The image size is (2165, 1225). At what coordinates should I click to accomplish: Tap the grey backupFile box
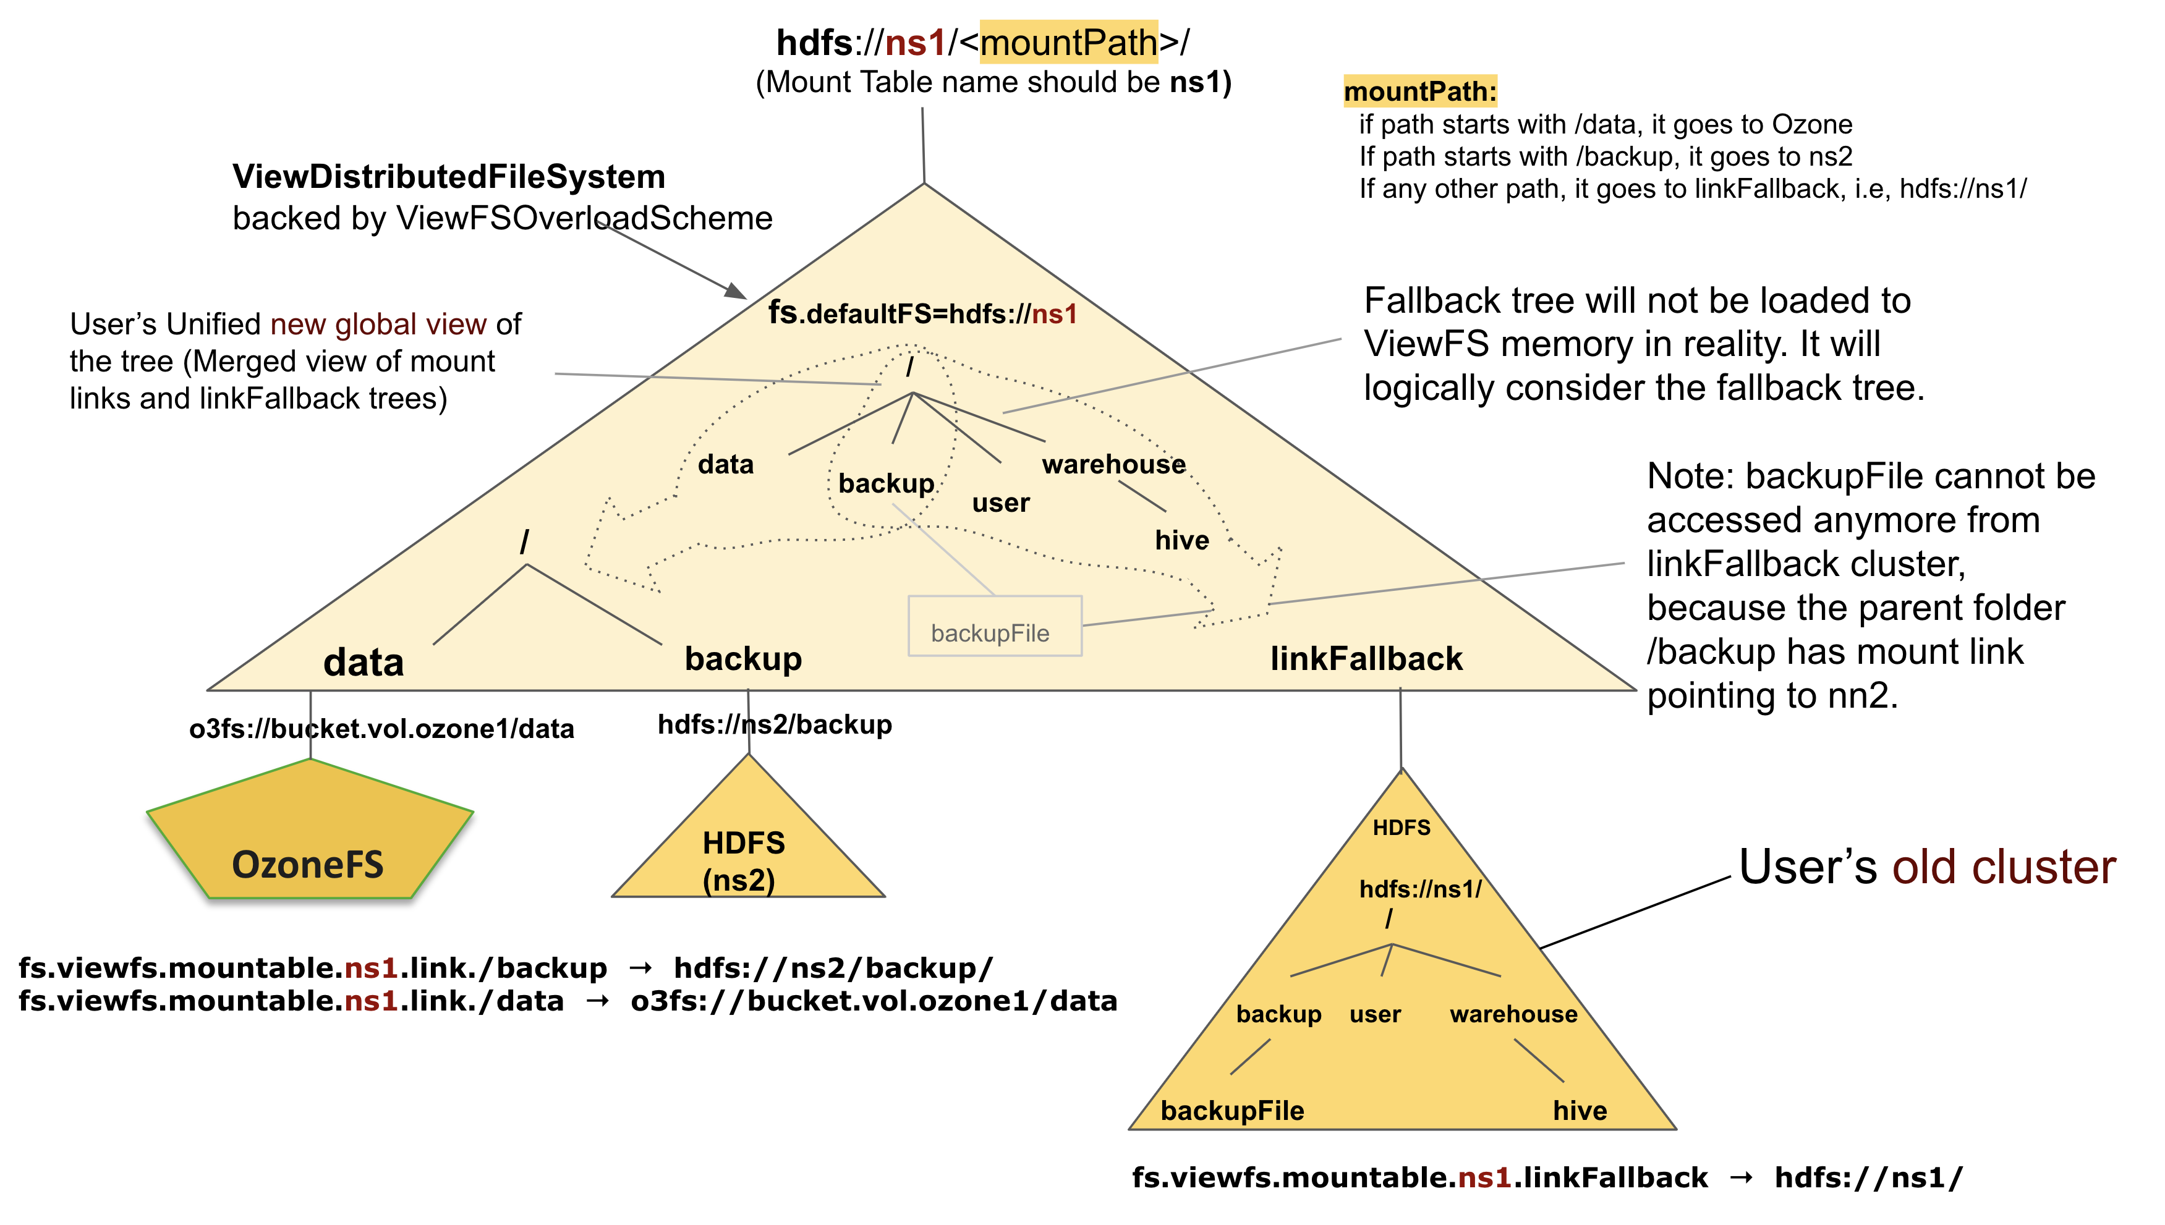(993, 627)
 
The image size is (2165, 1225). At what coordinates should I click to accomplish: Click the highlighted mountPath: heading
(1419, 91)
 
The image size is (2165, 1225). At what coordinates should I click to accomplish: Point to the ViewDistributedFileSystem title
(448, 177)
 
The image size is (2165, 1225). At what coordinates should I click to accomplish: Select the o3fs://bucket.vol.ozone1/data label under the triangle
(381, 729)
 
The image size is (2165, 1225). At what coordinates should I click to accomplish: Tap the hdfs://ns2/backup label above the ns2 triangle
(774, 724)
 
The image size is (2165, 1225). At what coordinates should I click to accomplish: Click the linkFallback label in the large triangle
(1366, 659)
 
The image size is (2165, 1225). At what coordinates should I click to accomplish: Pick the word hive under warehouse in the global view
(1181, 540)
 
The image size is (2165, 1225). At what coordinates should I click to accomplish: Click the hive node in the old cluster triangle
(1580, 1111)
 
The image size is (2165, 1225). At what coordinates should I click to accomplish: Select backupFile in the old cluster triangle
(1232, 1111)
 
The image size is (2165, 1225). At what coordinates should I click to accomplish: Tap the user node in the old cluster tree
(1375, 1015)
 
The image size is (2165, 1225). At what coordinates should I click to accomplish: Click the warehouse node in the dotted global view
(1113, 464)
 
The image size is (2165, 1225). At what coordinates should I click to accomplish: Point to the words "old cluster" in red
(2004, 867)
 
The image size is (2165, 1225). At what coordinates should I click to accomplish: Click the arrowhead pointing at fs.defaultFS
(736, 291)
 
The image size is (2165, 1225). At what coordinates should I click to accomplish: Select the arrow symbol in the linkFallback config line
(1740, 1178)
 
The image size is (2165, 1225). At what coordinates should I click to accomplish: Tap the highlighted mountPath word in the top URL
(1069, 42)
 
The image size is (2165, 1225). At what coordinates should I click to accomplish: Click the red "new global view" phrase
(378, 324)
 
